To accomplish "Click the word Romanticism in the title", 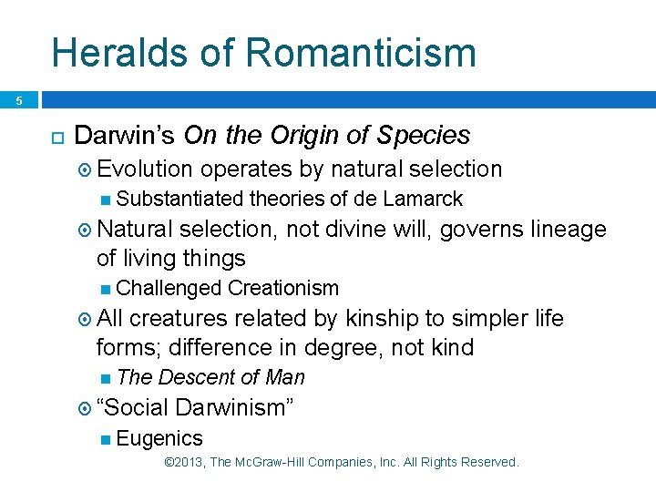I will (x=361, y=52).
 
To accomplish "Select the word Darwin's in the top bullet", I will (x=125, y=136).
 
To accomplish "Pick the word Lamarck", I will (x=423, y=199).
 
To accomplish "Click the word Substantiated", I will (x=179, y=199).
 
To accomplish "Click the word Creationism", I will (x=282, y=289).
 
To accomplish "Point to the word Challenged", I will (x=169, y=289).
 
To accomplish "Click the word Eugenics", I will (x=159, y=438).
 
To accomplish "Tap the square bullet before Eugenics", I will (x=107, y=439).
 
